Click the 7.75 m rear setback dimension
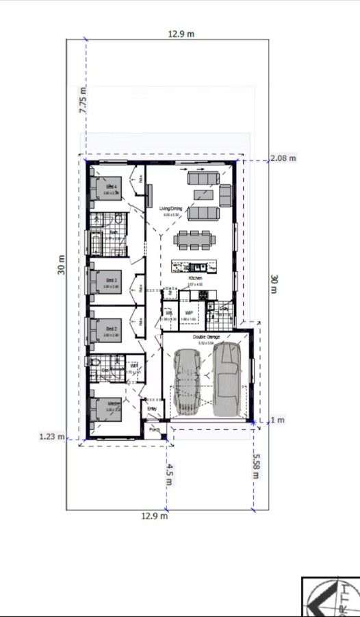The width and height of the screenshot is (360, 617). (x=83, y=100)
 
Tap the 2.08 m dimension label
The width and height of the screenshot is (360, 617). (x=283, y=158)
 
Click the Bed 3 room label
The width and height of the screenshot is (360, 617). (x=112, y=280)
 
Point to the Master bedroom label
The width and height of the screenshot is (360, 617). (x=114, y=404)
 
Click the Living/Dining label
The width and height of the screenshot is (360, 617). (x=171, y=208)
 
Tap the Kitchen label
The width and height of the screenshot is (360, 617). (x=195, y=279)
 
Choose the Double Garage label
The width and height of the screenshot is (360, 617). (x=206, y=338)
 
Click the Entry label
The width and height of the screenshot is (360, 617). (x=152, y=409)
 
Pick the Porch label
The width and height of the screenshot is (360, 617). (x=155, y=430)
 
